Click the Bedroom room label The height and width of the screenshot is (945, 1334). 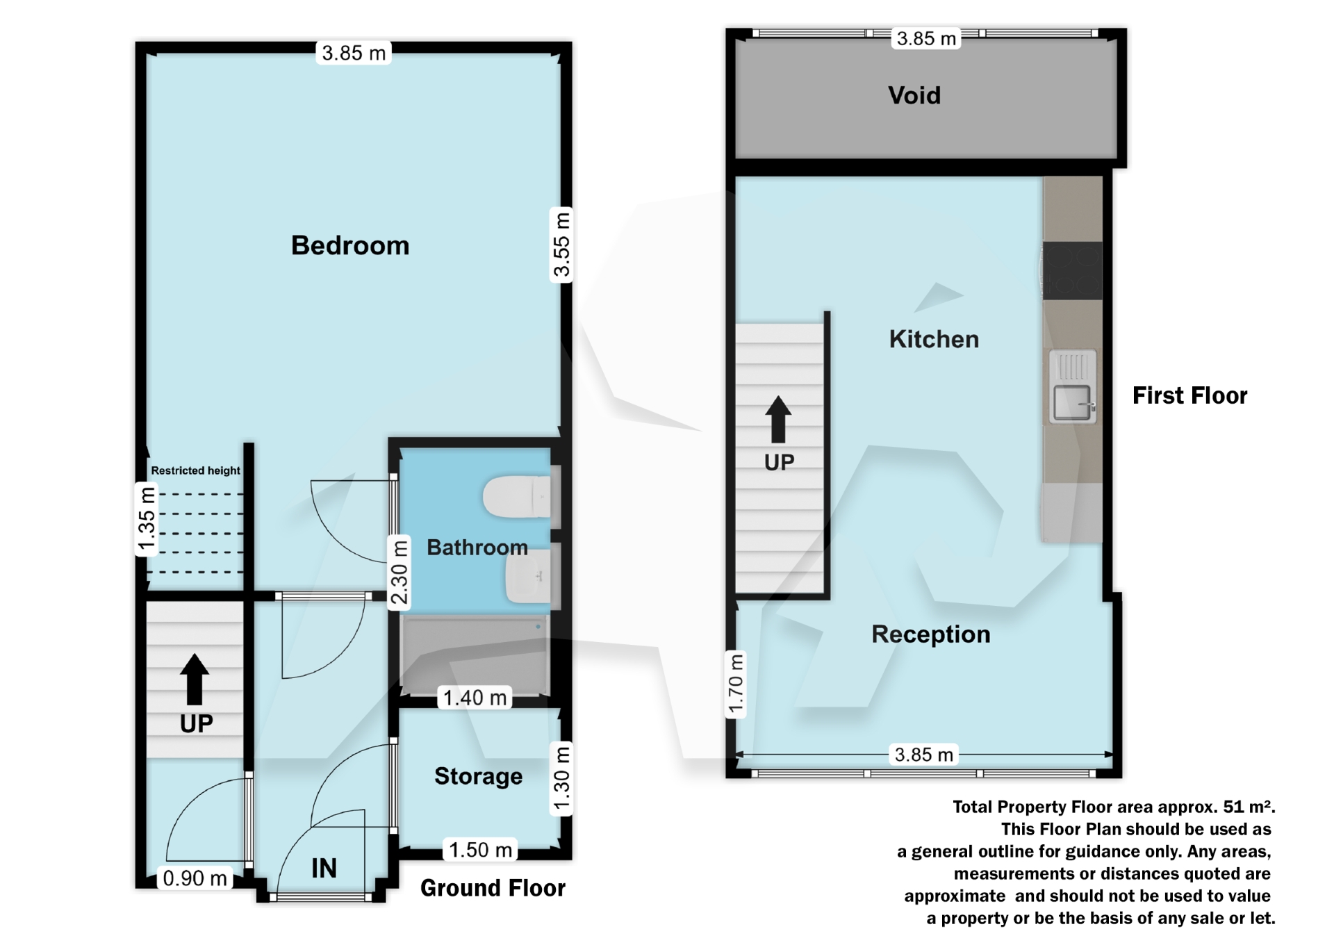[x=350, y=245]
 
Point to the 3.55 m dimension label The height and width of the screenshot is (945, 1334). [x=561, y=245]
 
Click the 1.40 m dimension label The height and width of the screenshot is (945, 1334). [x=475, y=698]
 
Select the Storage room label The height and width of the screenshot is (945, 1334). [x=478, y=776]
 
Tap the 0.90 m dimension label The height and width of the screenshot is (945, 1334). [x=195, y=878]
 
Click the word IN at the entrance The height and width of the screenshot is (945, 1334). [x=324, y=868]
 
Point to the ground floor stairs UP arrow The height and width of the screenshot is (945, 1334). [x=195, y=679]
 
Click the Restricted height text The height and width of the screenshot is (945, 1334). [x=195, y=470]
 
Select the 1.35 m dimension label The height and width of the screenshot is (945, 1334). [x=146, y=520]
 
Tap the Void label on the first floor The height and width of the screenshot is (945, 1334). [x=914, y=95]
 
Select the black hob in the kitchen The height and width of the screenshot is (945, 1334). [x=1072, y=270]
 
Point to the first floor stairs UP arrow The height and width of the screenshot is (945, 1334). [x=778, y=419]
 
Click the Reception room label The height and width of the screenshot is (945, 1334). [x=930, y=634]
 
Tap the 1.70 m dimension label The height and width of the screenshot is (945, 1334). [x=736, y=684]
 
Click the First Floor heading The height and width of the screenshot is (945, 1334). [x=1189, y=395]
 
